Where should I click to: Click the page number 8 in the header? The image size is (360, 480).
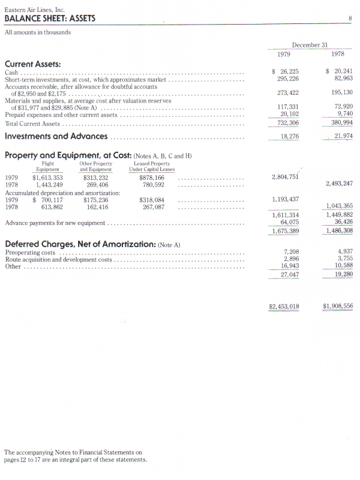(350, 19)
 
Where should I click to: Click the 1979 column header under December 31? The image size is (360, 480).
(284, 55)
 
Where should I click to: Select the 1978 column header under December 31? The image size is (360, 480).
(338, 55)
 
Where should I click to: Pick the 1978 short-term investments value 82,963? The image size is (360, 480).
(343, 79)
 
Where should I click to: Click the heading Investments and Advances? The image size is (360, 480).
(56, 136)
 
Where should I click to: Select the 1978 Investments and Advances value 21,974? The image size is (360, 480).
(343, 137)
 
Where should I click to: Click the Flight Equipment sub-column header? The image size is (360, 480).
(47, 166)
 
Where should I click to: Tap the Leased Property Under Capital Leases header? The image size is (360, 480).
(152, 166)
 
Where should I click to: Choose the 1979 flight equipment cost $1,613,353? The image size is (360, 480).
(48, 178)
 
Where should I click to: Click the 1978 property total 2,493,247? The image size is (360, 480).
(339, 184)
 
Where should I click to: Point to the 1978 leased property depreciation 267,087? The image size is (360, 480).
(152, 207)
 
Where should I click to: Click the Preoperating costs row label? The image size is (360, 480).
(31, 253)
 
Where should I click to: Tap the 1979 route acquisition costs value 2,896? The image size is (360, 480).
(291, 259)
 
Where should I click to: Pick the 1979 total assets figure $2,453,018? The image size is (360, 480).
(284, 306)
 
